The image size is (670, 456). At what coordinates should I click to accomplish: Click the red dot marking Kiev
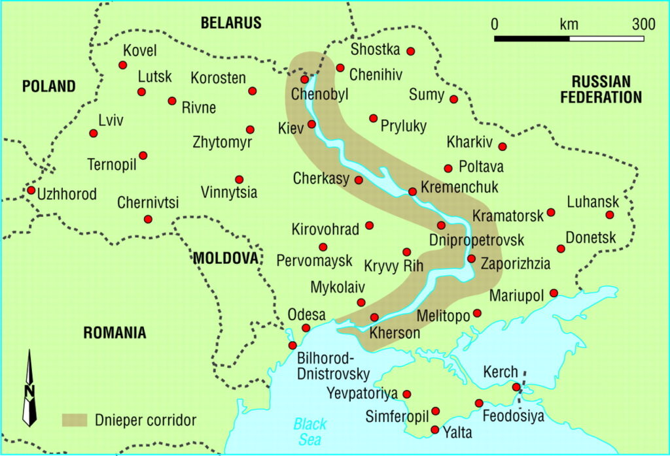point(311,124)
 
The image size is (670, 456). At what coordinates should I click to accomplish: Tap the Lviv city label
point(110,120)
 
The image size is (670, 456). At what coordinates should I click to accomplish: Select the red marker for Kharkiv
point(502,146)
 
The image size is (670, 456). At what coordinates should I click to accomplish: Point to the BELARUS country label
point(231,23)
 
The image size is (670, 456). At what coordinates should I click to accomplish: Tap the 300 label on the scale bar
point(644,25)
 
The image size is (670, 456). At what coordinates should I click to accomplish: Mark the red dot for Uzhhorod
point(31,190)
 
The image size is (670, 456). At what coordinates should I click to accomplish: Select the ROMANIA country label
point(115,333)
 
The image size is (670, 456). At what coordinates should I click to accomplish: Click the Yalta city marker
point(435,429)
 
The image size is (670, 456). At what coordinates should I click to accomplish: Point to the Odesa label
point(307,314)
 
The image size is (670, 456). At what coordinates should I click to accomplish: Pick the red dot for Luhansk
point(610,215)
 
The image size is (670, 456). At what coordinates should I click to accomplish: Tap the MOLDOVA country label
point(226,258)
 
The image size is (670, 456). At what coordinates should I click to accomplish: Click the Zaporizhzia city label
point(515,265)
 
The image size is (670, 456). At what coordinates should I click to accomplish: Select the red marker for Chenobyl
point(304,79)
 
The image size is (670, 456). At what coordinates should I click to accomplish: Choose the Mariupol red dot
point(554,293)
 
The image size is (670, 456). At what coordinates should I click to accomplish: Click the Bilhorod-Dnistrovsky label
point(334,366)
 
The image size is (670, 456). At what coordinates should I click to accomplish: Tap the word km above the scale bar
point(569,25)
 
